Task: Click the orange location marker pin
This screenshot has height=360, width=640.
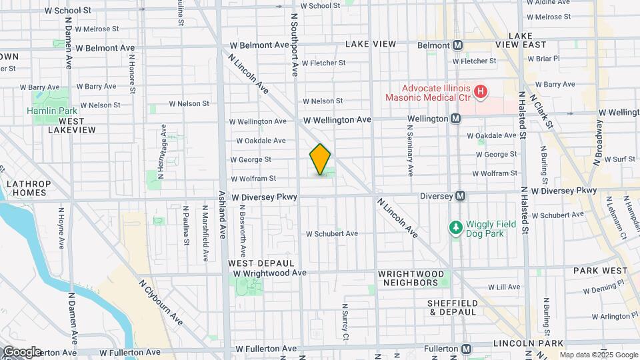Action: pyautogui.click(x=320, y=159)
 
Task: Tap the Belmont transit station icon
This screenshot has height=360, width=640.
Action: pyautogui.click(x=458, y=45)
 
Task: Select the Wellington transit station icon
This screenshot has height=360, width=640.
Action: pyautogui.click(x=455, y=119)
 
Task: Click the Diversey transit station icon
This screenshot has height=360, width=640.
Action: pyautogui.click(x=460, y=196)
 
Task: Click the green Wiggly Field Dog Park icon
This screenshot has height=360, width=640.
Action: pyautogui.click(x=456, y=228)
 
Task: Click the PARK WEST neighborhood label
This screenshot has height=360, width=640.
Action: pyautogui.click(x=600, y=271)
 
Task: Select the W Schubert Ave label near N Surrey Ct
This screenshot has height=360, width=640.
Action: pyautogui.click(x=332, y=233)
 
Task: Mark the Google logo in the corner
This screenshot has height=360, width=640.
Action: pyautogui.click(x=21, y=351)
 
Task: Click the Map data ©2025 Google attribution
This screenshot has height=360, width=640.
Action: pyautogui.click(x=599, y=355)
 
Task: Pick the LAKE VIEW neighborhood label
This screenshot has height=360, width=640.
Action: pyautogui.click(x=371, y=44)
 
